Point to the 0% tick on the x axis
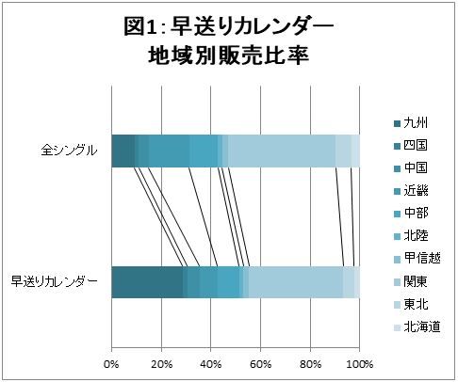click(112, 363)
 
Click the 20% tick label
click(161, 363)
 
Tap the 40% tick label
click(211, 363)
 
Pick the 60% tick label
click(260, 363)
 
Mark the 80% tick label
click(310, 363)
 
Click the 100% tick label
click(359, 363)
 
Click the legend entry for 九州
click(416, 123)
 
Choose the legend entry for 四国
click(416, 146)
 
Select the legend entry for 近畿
click(416, 191)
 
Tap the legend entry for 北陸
click(416, 236)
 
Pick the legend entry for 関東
click(416, 281)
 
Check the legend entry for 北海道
click(421, 326)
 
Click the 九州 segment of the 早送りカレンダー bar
click(147, 281)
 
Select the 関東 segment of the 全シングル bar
click(282, 150)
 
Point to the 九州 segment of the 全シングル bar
click(123, 150)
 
